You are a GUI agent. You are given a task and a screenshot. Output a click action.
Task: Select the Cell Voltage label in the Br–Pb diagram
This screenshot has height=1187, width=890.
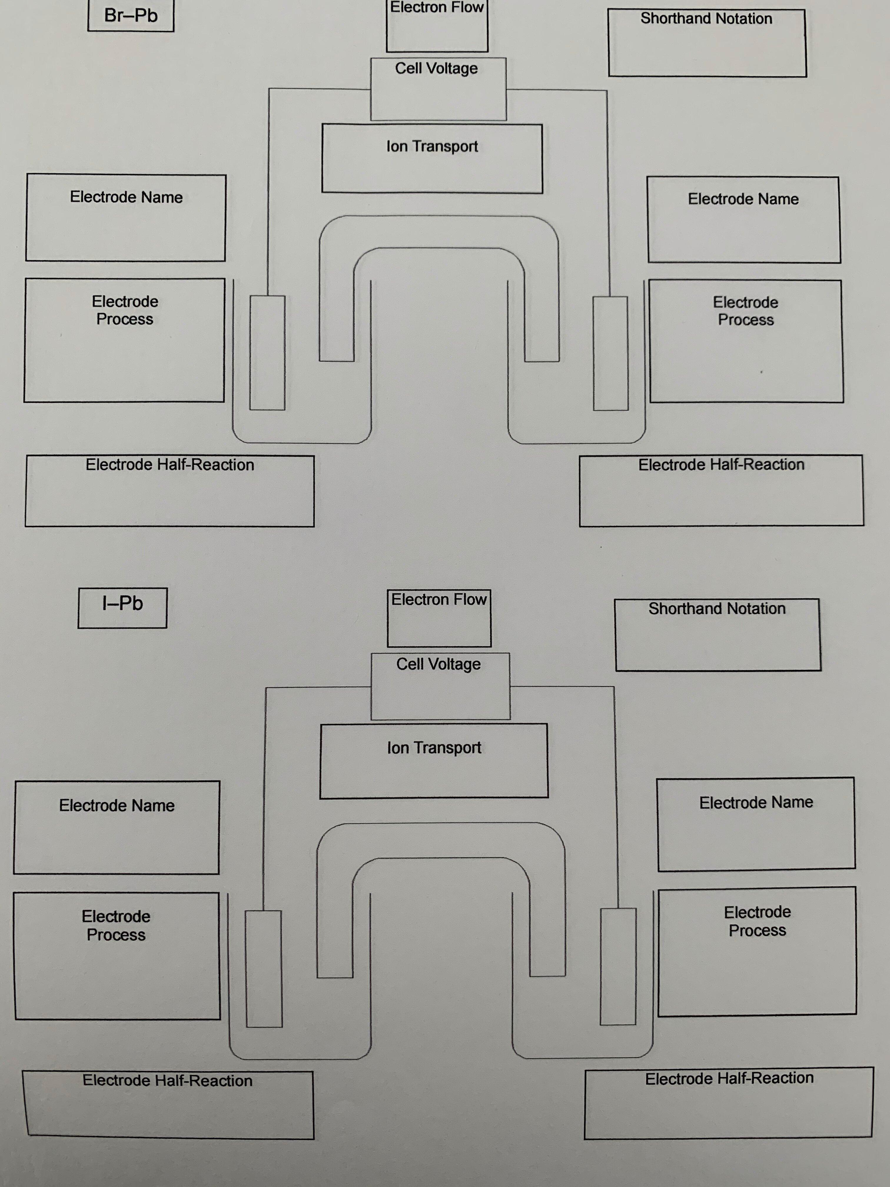(x=436, y=69)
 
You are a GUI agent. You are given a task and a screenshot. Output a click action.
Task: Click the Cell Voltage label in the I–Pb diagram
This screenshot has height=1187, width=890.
(x=438, y=664)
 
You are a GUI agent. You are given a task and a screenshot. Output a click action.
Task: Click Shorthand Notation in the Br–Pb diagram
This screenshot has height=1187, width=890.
(x=706, y=19)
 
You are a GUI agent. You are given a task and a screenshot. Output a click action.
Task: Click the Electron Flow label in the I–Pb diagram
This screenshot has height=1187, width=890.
(x=439, y=599)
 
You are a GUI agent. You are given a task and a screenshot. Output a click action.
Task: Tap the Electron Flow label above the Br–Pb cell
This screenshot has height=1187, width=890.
(x=437, y=8)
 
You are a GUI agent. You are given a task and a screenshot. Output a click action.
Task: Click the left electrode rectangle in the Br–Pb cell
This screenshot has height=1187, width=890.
(x=267, y=353)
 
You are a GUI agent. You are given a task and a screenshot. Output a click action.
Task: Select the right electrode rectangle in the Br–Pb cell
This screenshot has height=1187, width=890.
(x=610, y=353)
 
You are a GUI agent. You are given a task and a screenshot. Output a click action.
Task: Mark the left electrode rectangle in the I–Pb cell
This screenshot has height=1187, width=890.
(x=263, y=969)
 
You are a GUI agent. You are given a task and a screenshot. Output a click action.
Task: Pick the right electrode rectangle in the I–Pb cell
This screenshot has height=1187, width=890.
(x=618, y=966)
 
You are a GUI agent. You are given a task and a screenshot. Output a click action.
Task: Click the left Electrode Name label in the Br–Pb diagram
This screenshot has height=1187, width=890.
(x=126, y=198)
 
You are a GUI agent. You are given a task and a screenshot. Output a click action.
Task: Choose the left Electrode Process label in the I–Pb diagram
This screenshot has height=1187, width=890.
(x=116, y=925)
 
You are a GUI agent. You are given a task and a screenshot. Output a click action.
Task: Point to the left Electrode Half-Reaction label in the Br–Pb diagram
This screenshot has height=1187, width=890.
(x=170, y=465)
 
